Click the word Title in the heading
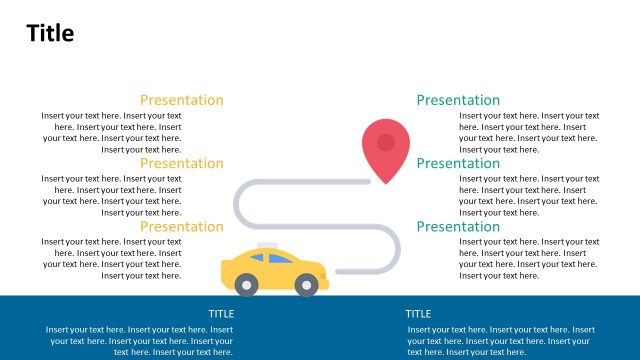point(50,33)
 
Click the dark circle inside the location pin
point(386,142)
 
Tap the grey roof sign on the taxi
point(267,246)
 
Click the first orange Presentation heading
point(181,100)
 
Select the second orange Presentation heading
point(181,163)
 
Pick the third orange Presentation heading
point(181,226)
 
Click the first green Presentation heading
point(458,100)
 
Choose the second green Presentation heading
point(458,163)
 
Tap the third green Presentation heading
point(458,226)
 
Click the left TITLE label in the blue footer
point(221,314)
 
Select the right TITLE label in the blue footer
point(418,314)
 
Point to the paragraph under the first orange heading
point(112,133)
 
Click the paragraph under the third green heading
point(529,258)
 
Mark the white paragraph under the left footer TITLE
point(139,340)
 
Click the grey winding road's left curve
point(238,204)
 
